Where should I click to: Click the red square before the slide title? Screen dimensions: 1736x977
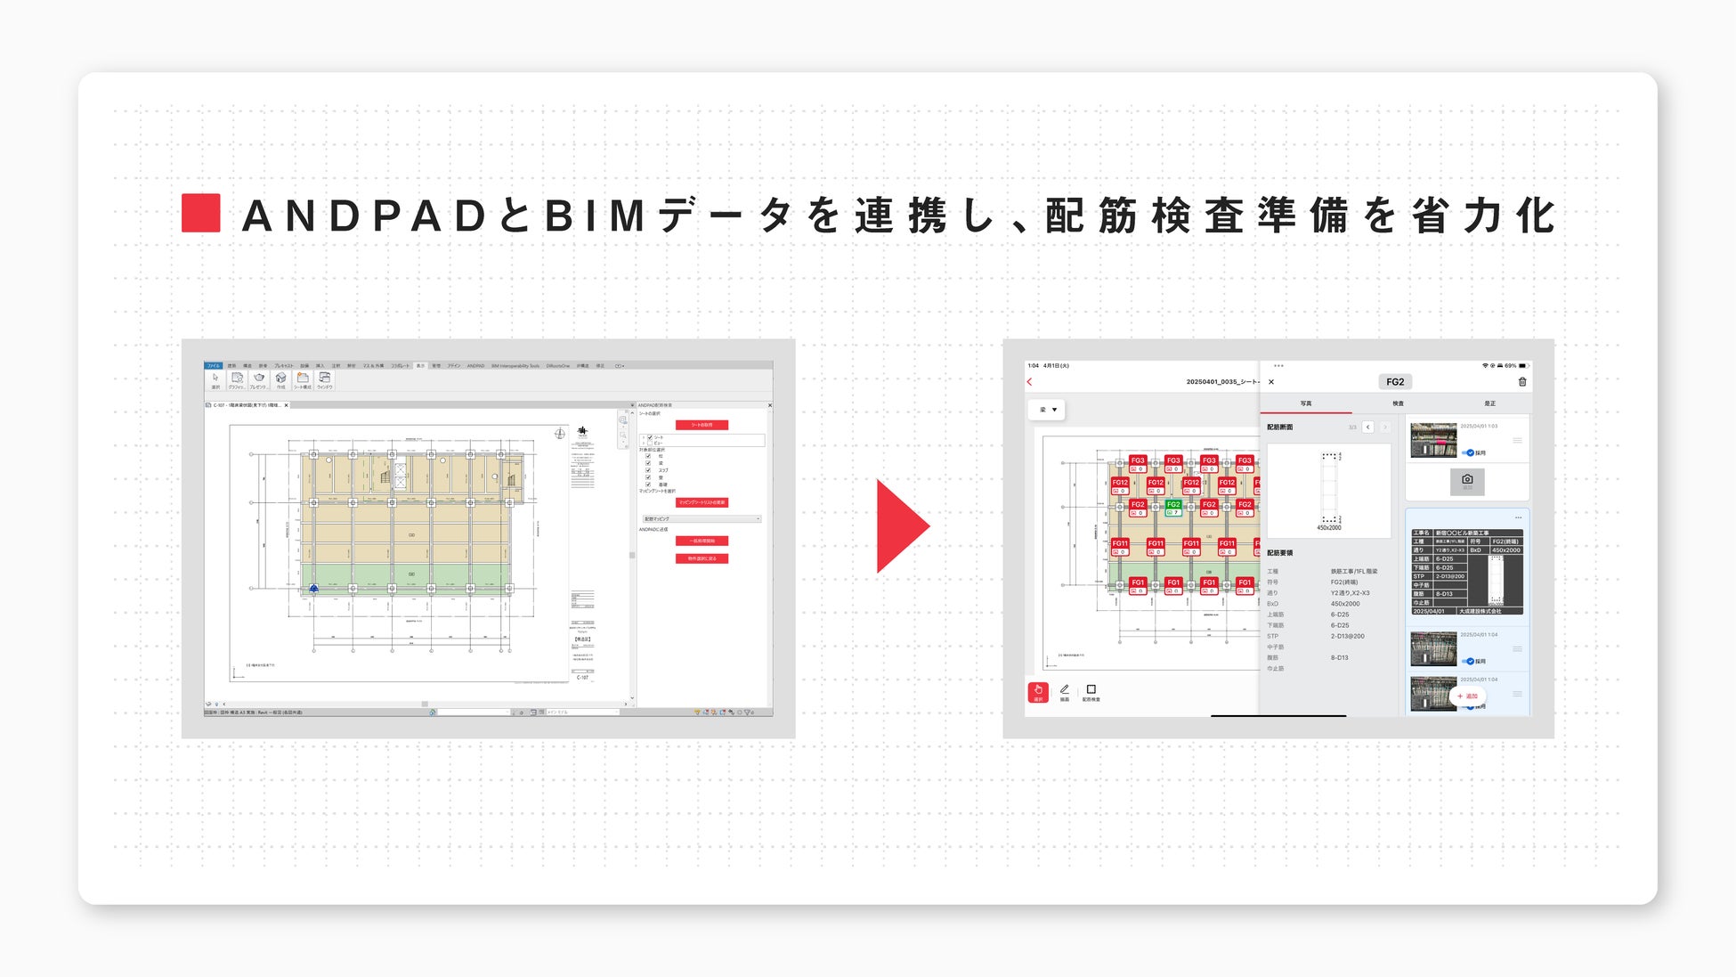click(x=201, y=214)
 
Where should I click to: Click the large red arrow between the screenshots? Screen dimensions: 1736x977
click(x=900, y=525)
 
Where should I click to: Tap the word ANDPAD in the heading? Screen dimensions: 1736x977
click(x=365, y=216)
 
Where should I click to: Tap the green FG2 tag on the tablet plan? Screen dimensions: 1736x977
click(x=1173, y=508)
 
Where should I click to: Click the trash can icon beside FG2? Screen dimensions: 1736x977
click(x=1522, y=382)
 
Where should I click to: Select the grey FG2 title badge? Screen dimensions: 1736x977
click(x=1395, y=382)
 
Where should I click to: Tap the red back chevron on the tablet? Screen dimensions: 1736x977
click(x=1030, y=382)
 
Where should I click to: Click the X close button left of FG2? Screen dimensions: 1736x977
click(x=1271, y=382)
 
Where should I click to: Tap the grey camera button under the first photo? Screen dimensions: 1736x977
click(x=1467, y=481)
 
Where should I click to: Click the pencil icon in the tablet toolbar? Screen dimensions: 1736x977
click(x=1065, y=690)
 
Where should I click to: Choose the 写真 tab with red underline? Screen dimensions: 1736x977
click(x=1306, y=404)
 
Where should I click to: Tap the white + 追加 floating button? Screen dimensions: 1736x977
click(x=1467, y=696)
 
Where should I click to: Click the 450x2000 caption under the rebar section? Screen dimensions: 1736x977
click(x=1328, y=528)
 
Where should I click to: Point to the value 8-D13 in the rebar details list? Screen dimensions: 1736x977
click(x=1340, y=658)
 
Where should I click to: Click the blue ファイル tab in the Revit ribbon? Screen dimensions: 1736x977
click(x=214, y=365)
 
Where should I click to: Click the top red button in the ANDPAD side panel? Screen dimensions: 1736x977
click(x=702, y=425)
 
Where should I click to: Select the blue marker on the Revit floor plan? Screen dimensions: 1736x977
click(x=313, y=589)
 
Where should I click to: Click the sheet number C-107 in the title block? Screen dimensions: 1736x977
click(x=582, y=678)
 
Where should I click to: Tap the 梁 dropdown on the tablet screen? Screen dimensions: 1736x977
click(x=1048, y=410)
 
